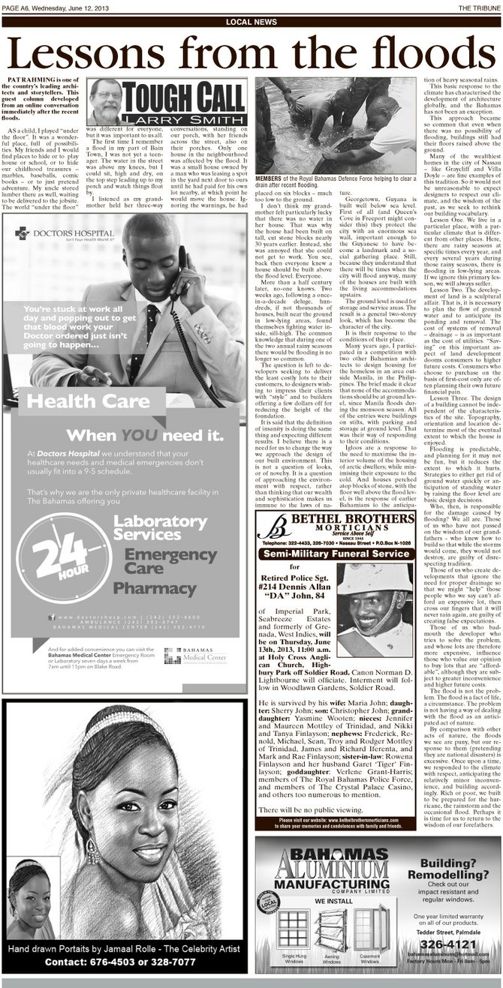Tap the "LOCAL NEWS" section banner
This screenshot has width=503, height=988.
[x=251, y=22]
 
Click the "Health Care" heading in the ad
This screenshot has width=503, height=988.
[x=74, y=404]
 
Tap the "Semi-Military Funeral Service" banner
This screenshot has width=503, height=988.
[x=336, y=554]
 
